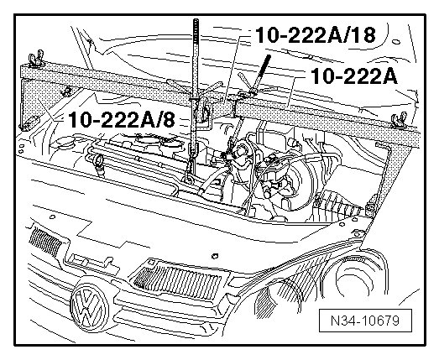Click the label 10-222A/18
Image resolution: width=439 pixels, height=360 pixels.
pyautogui.click(x=316, y=35)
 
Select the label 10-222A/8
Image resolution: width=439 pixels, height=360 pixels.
pyautogui.click(x=122, y=119)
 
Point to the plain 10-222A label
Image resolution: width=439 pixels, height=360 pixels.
pyautogui.click(x=354, y=76)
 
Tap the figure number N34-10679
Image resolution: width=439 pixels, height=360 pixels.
pyautogui.click(x=365, y=321)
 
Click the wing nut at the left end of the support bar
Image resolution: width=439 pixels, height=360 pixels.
pyautogui.click(x=36, y=59)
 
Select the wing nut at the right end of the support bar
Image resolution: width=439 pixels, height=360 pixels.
pyautogui.click(x=399, y=120)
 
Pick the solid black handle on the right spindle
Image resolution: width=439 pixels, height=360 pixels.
pyautogui.click(x=264, y=66)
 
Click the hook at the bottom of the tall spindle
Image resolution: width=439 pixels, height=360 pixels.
pyautogui.click(x=189, y=178)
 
